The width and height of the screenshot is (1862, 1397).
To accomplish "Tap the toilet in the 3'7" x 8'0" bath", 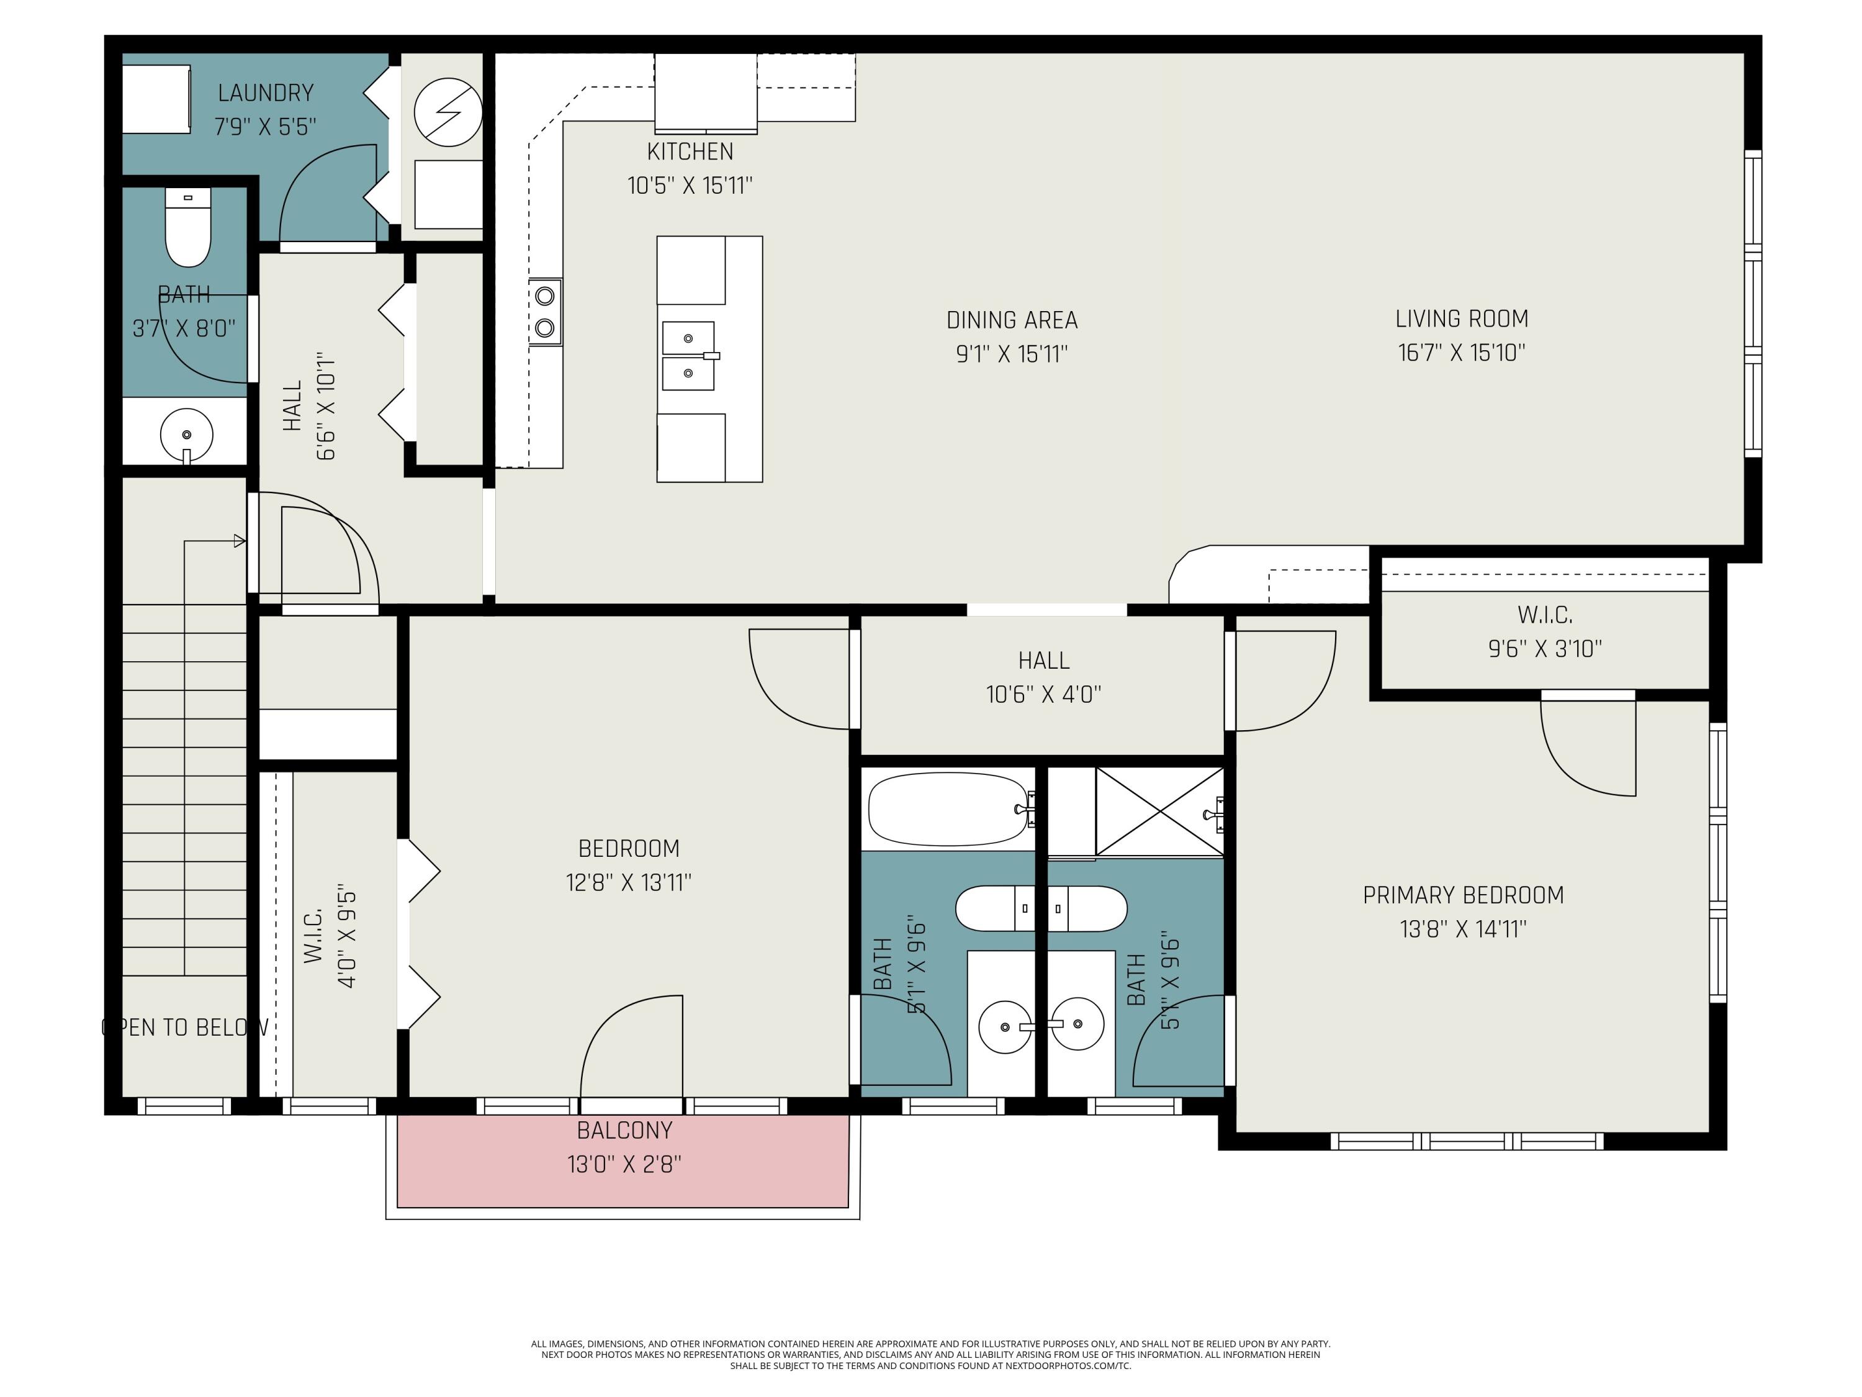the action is pyautogui.click(x=187, y=227).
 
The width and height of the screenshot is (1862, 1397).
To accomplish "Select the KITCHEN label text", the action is pyautogui.click(x=690, y=151).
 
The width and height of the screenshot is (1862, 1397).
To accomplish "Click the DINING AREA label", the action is pyautogui.click(x=1012, y=320).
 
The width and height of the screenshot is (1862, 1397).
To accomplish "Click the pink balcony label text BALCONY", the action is pyautogui.click(x=624, y=1130).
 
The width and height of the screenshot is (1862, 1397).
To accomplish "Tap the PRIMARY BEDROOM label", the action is pyautogui.click(x=1463, y=895).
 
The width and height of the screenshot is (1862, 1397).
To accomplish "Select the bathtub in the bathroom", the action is pyautogui.click(x=948, y=809).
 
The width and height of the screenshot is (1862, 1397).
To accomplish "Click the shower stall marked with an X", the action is pyautogui.click(x=1160, y=813).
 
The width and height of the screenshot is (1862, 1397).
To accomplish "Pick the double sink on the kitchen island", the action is pyautogui.click(x=688, y=355).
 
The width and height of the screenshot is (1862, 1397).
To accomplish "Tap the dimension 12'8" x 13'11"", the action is pyautogui.click(x=629, y=882).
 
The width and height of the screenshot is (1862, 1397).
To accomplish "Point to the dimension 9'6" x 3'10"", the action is pyautogui.click(x=1545, y=648).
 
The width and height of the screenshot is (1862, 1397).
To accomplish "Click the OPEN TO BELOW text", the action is pyautogui.click(x=185, y=1028).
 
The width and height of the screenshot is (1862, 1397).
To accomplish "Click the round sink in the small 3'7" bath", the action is pyautogui.click(x=187, y=435).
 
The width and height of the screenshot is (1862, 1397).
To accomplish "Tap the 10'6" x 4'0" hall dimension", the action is pyautogui.click(x=1044, y=694).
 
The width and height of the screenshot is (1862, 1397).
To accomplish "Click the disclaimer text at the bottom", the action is pyautogui.click(x=930, y=1355).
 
